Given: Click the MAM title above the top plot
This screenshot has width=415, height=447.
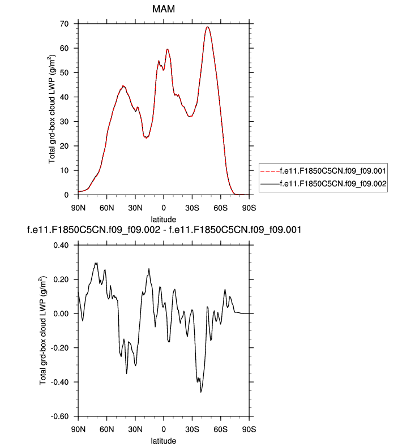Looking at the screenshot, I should tap(164, 10).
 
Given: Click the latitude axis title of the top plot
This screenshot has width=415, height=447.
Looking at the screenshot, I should tap(164, 218).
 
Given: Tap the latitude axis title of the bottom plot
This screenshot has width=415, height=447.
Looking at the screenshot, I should tap(164, 440).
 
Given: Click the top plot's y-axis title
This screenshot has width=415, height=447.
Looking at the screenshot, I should tap(53, 109).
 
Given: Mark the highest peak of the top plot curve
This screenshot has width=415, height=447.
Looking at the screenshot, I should tap(208, 27).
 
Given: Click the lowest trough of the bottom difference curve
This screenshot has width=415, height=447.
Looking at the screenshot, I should tap(201, 392).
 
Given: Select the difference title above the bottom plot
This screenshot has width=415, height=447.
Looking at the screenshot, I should tap(164, 230).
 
